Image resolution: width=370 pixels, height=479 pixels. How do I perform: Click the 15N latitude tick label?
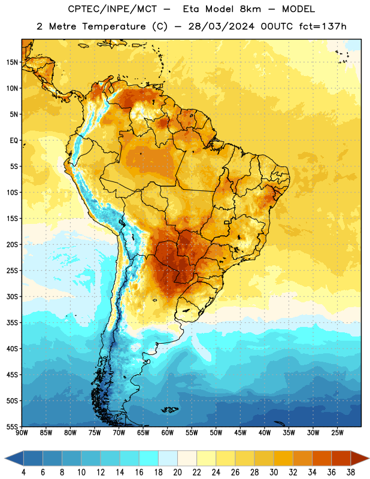pos(12,62)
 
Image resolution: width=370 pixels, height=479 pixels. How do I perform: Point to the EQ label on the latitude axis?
pos(14,141)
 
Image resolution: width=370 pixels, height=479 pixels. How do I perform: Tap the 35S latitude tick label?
pos(12,323)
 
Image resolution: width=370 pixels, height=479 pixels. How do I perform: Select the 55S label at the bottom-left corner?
pos(12,427)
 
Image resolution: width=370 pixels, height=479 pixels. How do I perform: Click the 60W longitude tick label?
pos(168,432)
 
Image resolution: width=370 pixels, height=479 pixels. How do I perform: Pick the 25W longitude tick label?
pos(337,432)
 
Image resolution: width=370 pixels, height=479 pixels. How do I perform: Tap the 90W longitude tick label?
pos(22,432)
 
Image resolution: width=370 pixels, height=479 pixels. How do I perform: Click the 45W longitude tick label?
pos(240,432)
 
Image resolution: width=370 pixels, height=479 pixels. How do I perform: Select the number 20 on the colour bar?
pos(177,472)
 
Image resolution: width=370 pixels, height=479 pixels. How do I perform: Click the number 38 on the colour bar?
pos(351,472)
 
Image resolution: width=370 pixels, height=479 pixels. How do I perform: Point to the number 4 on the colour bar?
pos(23,472)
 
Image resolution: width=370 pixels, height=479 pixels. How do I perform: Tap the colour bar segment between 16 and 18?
pos(149,458)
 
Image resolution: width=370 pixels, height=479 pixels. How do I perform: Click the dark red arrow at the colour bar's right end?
pos(359,458)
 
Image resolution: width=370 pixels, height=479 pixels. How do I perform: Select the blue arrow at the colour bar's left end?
pos(14,458)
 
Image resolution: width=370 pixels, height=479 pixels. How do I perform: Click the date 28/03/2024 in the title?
pos(221,26)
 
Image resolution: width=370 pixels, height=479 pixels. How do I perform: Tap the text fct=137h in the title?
pos(323,26)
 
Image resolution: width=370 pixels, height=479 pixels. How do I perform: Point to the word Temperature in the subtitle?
pos(114,26)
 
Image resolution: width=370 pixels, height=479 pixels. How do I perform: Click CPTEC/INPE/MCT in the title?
pos(112,9)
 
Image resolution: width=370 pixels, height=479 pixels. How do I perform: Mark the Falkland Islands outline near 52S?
pos(170,410)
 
